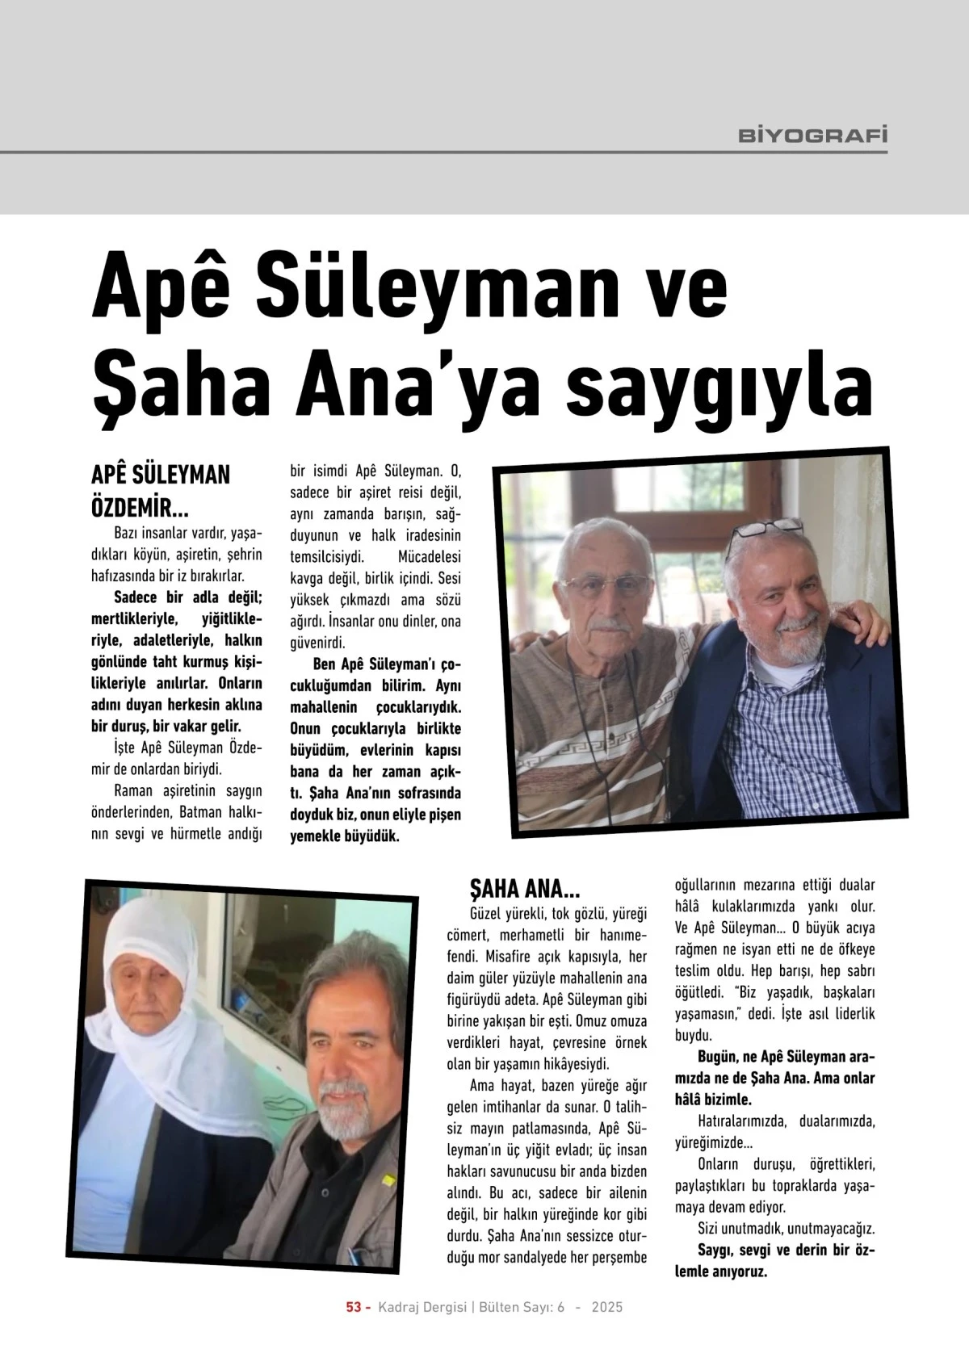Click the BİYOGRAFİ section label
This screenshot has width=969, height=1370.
pyautogui.click(x=812, y=135)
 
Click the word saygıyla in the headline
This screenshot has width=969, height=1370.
pyautogui.click(x=719, y=388)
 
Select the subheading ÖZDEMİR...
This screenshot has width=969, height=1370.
pyautogui.click(x=139, y=509)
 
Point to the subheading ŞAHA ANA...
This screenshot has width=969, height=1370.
pyautogui.click(x=525, y=890)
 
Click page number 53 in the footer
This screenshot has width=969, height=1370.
pyautogui.click(x=353, y=1307)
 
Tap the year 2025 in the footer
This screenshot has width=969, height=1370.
pyautogui.click(x=607, y=1307)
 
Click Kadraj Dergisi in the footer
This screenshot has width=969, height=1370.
pyautogui.click(x=423, y=1307)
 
